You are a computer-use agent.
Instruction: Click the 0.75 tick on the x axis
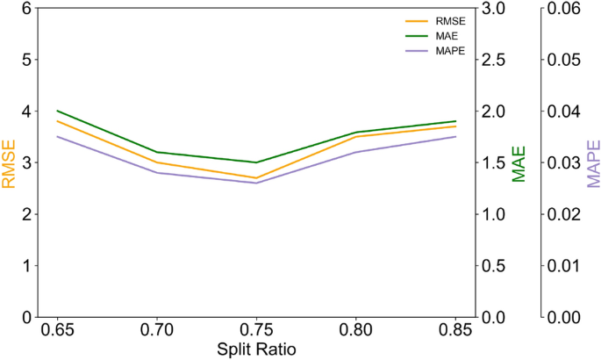click(x=256, y=334)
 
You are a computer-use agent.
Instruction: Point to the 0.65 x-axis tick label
click(x=57, y=334)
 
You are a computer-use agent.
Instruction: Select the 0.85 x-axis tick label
click(x=455, y=334)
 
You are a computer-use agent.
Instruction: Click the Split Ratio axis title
click(x=256, y=350)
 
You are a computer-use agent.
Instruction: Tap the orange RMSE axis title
click(x=10, y=163)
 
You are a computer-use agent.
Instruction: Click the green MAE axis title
click(x=519, y=163)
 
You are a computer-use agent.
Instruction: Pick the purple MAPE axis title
click(x=593, y=163)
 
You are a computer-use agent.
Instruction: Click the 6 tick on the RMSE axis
click(x=26, y=9)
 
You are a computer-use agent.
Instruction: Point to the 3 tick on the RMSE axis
click(x=26, y=162)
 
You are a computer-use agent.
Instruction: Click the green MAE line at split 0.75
click(x=256, y=162)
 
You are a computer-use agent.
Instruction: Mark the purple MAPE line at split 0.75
click(x=256, y=183)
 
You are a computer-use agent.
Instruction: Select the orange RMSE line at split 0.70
click(x=157, y=162)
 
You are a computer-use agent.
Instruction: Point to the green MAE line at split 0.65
click(x=57, y=111)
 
